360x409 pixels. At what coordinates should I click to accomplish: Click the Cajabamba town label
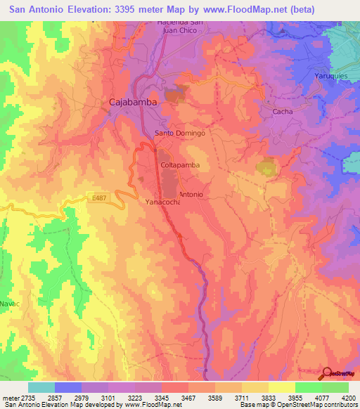pyautogui.click(x=132, y=102)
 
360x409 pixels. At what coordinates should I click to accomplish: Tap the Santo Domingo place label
pyautogui.click(x=179, y=133)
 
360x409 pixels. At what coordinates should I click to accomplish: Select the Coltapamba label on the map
pyautogui.click(x=180, y=164)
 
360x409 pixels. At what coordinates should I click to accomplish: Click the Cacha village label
pyautogui.click(x=283, y=112)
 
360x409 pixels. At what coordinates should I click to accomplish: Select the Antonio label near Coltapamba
pyautogui.click(x=191, y=194)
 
